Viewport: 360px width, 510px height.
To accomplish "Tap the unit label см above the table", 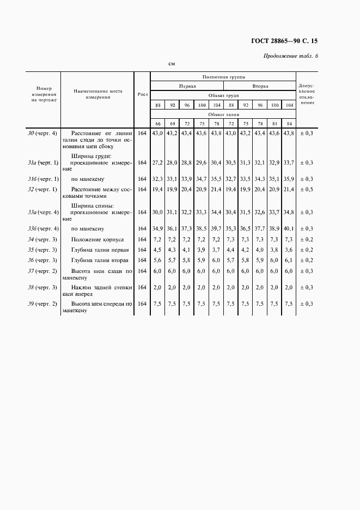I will coord(171,64).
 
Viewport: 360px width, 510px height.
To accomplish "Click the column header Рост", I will coord(143,94).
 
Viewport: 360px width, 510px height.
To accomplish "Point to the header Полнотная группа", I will coord(223,77).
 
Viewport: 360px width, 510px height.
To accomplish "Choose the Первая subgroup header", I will coord(187,86).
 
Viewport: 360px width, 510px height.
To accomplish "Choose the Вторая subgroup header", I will coord(260,86).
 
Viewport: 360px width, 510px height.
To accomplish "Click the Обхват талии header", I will coord(223,114).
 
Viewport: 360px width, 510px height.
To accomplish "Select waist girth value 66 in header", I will coord(157,123).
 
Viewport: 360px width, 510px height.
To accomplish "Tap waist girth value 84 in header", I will coord(289,123).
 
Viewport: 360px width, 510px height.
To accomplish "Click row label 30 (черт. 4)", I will coord(42,133).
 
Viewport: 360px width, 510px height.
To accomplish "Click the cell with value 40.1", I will coord(289,229).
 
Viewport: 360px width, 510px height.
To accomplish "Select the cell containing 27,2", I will coord(157,162).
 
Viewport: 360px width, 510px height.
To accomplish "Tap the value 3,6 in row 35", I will coord(289,250).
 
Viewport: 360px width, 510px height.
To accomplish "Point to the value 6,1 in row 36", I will coord(289,260).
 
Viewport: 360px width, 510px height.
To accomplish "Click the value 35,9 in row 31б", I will coord(289,179).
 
